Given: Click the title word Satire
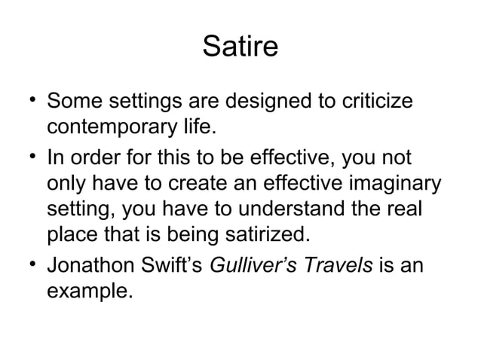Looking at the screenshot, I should (240, 48).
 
